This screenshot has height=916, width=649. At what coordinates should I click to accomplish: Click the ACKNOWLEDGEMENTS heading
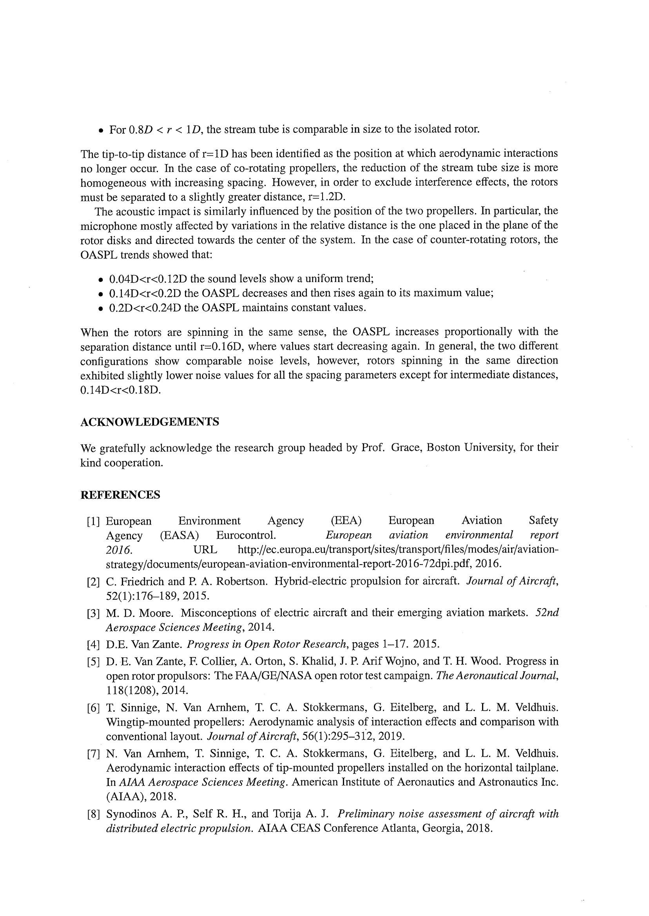click(149, 422)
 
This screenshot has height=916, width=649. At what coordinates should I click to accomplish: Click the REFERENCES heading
click(120, 495)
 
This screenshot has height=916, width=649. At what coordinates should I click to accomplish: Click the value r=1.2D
click(324, 197)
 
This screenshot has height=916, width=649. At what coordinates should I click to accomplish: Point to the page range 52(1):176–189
click(143, 596)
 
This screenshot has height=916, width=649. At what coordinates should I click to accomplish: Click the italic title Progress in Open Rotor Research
click(266, 644)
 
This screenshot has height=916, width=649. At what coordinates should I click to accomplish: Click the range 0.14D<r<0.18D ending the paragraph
click(120, 390)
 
